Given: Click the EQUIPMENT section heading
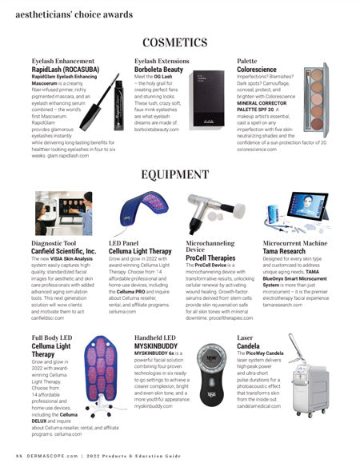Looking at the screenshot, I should click(x=179, y=174).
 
